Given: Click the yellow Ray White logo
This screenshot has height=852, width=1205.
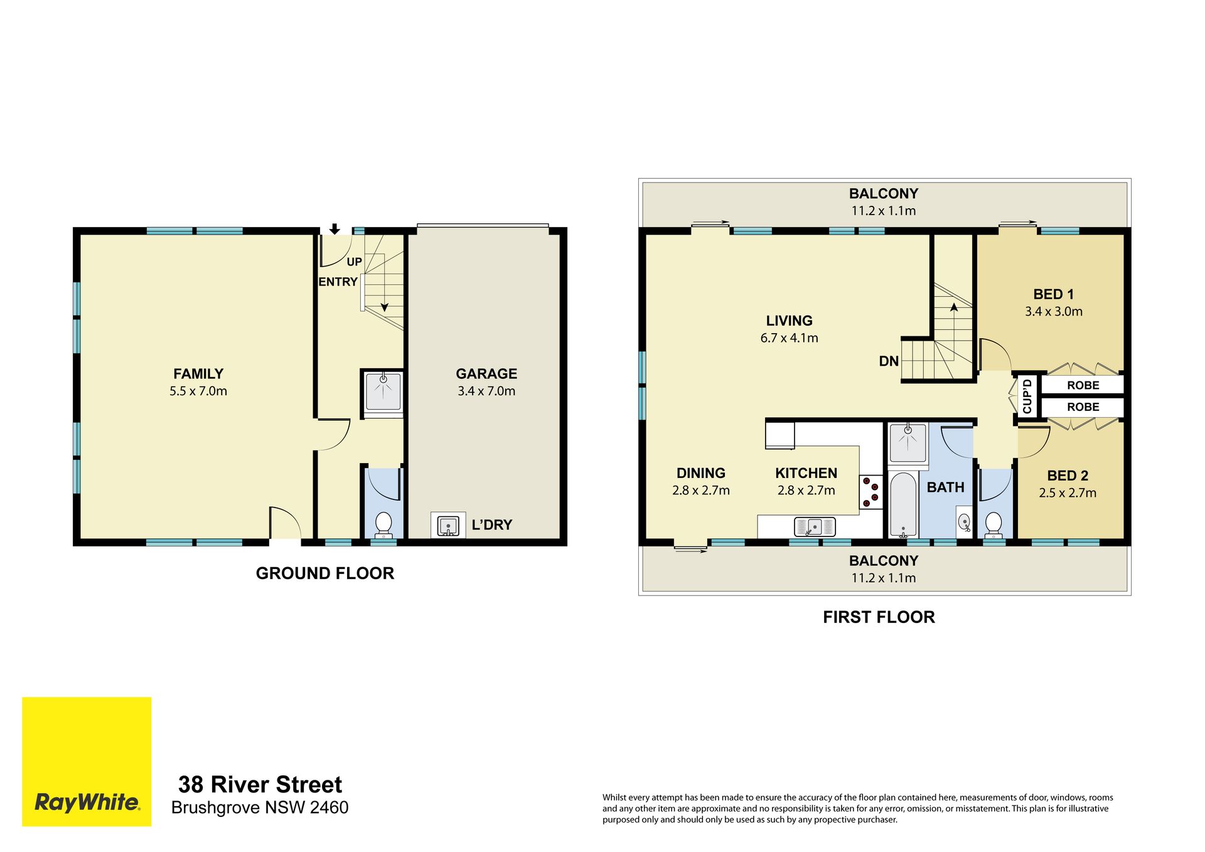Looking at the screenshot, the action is coord(87,761).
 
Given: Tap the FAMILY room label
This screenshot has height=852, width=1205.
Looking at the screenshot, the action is coord(198,374).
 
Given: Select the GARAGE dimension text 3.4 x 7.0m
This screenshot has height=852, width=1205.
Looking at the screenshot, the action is coord(486,391).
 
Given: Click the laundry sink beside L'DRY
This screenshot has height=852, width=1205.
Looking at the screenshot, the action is coord(448,525).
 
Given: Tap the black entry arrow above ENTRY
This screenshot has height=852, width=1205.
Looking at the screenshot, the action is coord(335,229).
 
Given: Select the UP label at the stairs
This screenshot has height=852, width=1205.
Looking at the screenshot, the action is coord(355,262).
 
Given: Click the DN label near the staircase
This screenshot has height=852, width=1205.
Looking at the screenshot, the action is coord(889,361).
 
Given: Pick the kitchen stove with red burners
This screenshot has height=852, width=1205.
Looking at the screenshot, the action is coord(870,492).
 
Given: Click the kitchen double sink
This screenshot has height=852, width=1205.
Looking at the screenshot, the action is coord(815,526).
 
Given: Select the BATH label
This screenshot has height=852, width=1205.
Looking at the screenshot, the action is coord(945,487).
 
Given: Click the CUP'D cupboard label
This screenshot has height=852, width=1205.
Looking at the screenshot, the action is coord(1027,396).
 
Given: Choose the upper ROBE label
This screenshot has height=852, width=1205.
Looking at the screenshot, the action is coord(1083,385).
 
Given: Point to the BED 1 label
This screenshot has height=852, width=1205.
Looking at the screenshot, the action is coord(1054,294).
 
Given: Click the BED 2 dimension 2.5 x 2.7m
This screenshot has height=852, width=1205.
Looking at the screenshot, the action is coord(1068,493).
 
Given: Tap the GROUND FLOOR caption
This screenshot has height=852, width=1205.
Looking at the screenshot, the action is coord(325,573).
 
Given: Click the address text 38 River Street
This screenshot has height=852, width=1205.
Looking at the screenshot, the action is coord(260,785).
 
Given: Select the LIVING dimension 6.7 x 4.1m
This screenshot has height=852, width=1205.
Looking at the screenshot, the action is coord(790,338).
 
